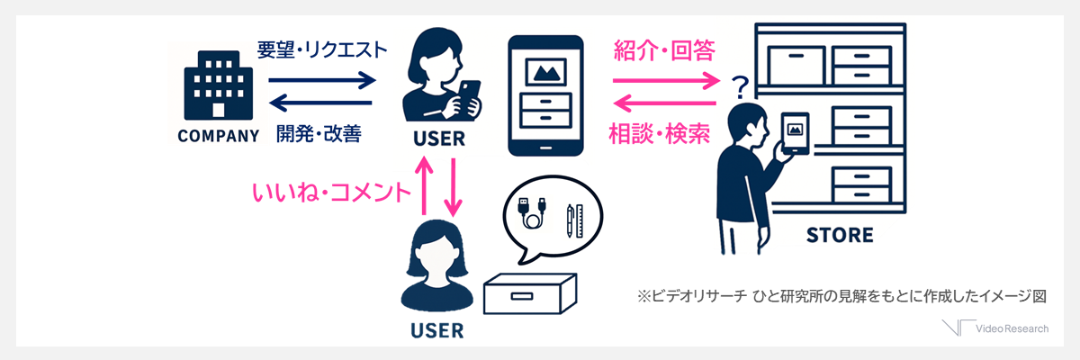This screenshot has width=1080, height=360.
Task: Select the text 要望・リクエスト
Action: click(321, 49)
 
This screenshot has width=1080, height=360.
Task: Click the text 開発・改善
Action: click(319, 134)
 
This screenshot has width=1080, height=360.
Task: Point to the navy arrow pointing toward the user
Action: click(321, 80)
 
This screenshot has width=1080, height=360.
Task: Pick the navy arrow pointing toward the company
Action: click(321, 103)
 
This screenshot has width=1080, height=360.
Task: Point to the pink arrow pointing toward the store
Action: click(667, 80)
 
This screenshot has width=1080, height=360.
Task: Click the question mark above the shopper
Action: click(741, 88)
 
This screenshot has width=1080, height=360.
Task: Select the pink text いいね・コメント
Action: click(331, 192)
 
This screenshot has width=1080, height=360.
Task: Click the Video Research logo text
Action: click(1013, 328)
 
